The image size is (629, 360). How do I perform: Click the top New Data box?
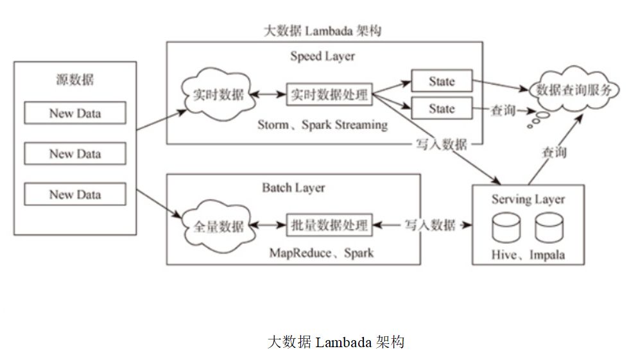tap(75, 113)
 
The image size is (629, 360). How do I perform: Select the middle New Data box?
tap(75, 153)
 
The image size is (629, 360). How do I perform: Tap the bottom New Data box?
tap(75, 194)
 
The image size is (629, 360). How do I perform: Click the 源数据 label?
tap(75, 80)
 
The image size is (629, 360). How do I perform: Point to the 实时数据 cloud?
tap(218, 94)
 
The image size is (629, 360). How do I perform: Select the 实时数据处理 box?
tap(329, 94)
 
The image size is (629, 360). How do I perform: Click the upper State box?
tap(442, 81)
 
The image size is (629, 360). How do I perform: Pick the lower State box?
tap(442, 108)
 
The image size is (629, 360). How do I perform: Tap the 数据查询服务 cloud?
tap(574, 90)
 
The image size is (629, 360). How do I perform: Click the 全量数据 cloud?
tap(218, 227)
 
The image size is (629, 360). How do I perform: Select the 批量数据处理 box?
tap(329, 225)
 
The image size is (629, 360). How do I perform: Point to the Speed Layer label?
tap(322, 56)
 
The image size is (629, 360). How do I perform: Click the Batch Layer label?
tap(294, 187)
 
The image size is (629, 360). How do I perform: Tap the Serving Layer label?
tap(528, 199)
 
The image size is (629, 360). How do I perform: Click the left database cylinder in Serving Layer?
tap(506, 228)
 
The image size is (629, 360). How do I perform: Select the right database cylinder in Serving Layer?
tap(549, 228)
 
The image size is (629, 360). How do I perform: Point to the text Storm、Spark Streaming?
tap(322, 124)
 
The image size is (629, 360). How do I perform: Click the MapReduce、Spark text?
tap(322, 253)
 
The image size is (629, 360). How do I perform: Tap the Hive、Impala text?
tap(528, 255)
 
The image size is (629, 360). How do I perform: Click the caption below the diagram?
tap(336, 342)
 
